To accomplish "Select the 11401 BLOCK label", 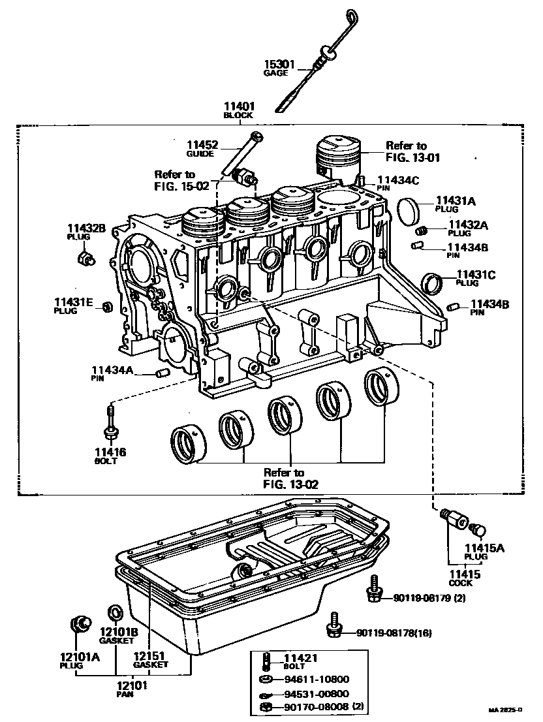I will pyautogui.click(x=238, y=109).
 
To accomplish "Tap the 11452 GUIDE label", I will pyautogui.click(x=202, y=149).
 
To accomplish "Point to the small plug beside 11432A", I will pyautogui.click(x=422, y=230).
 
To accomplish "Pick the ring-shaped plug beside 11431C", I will pyautogui.click(x=431, y=283).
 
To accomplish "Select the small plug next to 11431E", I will pyautogui.click(x=108, y=307).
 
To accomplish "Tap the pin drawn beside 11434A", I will pyautogui.click(x=163, y=373).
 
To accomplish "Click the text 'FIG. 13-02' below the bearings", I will pyautogui.click(x=283, y=484).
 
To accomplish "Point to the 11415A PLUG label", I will pyautogui.click(x=484, y=552).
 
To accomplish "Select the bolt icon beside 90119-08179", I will pyautogui.click(x=374, y=591).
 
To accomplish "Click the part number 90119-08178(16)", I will pyautogui.click(x=394, y=633).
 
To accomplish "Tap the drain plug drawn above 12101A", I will pyautogui.click(x=80, y=624).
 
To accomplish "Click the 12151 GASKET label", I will pyautogui.click(x=151, y=660).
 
